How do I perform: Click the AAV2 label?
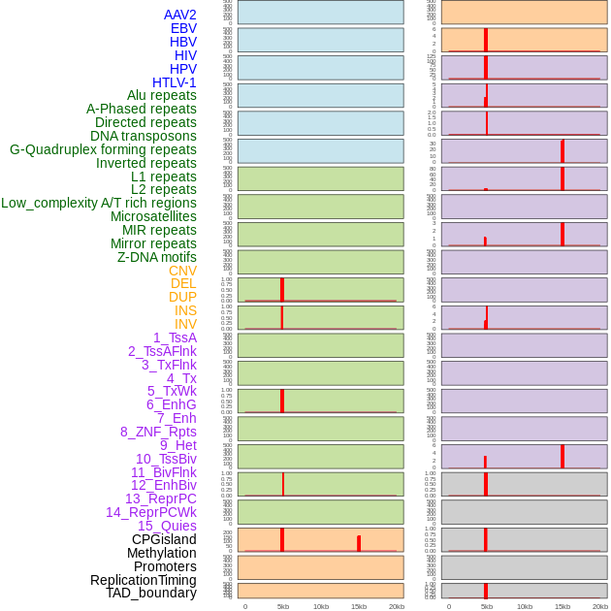[x=179, y=15]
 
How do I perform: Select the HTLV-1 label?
[x=174, y=82]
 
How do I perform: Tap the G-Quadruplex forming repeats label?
[x=103, y=149]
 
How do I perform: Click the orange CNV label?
[x=182, y=271]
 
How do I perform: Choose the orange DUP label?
[x=182, y=297]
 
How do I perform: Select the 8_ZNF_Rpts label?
[x=158, y=432]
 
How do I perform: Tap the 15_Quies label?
[x=166, y=526]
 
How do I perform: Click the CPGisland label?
[x=164, y=539]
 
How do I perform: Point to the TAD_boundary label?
[x=150, y=593]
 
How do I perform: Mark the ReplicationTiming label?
[x=143, y=580]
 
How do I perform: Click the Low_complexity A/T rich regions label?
[x=99, y=203]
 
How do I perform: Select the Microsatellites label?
[x=153, y=216]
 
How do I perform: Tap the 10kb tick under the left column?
[x=321, y=606]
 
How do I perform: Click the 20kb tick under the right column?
[x=600, y=606]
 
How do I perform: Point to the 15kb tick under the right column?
[x=562, y=606]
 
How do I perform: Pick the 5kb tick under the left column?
[x=283, y=606]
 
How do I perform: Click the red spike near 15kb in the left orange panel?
[x=359, y=543]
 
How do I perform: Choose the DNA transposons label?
[x=144, y=136]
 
